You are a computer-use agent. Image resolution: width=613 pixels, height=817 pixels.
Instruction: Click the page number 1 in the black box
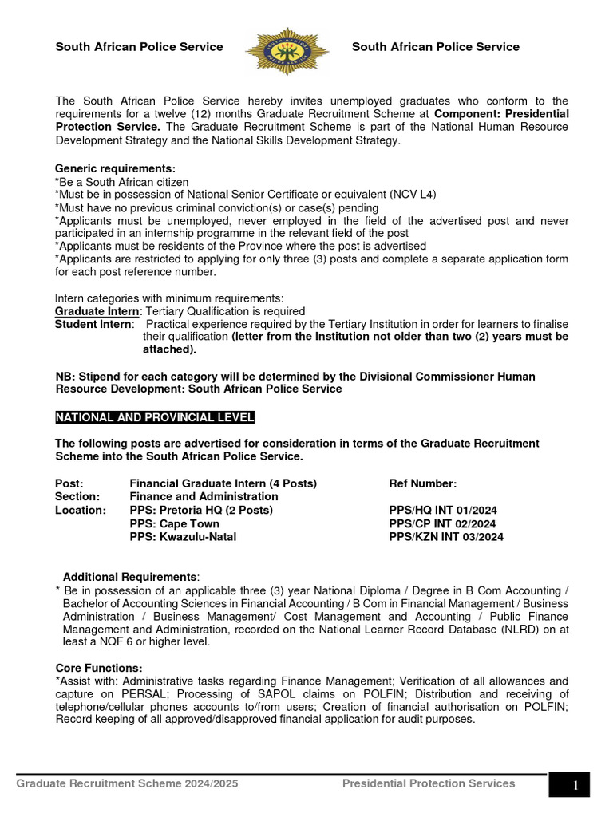coord(575,787)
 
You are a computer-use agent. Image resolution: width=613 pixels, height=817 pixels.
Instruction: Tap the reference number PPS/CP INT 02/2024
coord(442,523)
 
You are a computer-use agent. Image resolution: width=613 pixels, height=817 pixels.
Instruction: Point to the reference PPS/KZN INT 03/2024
coord(445,537)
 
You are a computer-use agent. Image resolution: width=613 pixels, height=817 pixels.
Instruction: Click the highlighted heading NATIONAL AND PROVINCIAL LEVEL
coord(154,418)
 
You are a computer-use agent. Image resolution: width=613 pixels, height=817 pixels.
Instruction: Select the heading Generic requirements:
coord(115,168)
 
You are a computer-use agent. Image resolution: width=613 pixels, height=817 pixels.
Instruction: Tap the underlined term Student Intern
coord(93,324)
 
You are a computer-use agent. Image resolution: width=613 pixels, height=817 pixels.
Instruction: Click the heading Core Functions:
coord(99,668)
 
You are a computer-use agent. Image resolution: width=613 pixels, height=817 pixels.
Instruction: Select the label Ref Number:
coord(422,483)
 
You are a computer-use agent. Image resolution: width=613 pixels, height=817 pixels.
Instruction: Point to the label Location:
coord(80,510)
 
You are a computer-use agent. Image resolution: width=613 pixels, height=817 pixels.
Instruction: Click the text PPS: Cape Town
coord(174,523)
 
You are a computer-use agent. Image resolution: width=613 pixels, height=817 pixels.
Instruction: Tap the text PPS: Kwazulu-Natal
coord(182,537)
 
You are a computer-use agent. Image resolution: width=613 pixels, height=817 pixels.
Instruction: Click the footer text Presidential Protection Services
coord(429,783)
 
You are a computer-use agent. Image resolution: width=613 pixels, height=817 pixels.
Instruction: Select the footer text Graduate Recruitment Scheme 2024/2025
coord(127,783)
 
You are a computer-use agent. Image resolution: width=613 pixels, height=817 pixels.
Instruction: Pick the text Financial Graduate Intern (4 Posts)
coord(223,483)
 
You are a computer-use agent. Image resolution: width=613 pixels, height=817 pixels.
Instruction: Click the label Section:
coord(77,496)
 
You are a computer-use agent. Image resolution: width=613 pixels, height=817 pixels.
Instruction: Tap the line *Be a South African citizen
coord(121,182)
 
